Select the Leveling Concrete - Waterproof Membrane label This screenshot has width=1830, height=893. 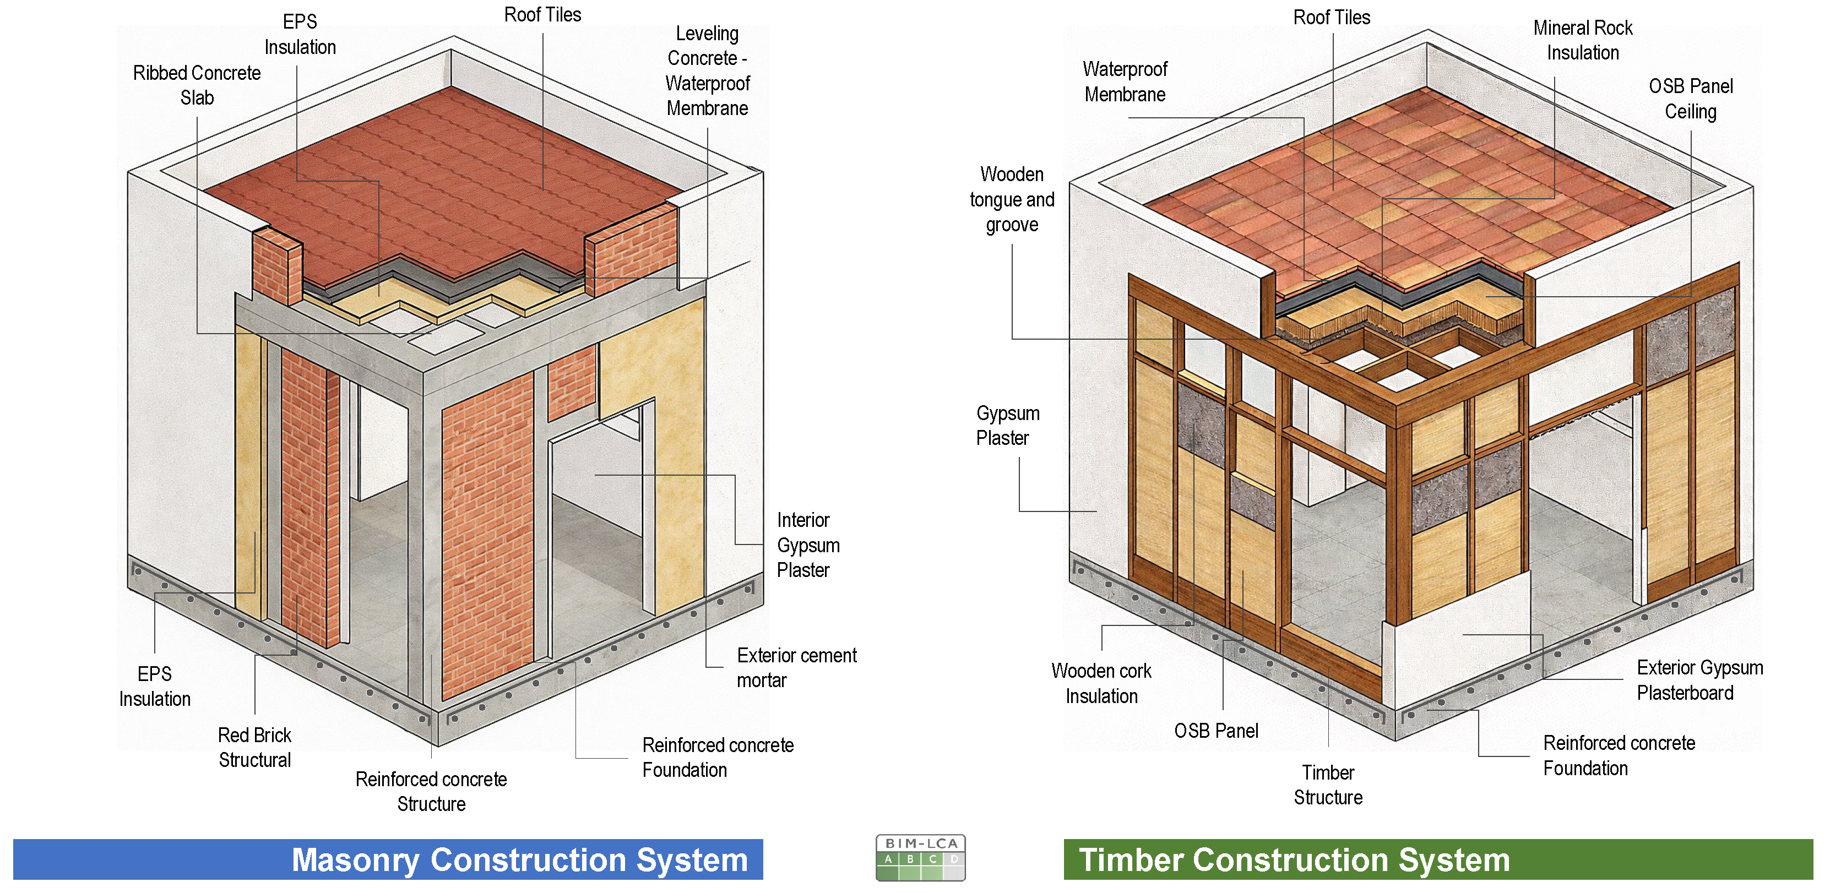[707, 70]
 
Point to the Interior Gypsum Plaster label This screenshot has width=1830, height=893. [808, 545]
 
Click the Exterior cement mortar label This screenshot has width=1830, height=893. [796, 667]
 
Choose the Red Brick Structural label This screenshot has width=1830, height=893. [254, 747]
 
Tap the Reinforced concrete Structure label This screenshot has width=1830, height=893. [431, 791]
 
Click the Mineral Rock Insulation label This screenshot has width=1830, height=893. [1582, 40]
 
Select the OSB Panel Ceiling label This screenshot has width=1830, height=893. [1690, 99]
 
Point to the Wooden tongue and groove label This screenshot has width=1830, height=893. [1012, 200]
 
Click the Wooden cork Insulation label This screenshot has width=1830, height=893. [1101, 683]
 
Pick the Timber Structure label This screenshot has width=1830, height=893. [1328, 785]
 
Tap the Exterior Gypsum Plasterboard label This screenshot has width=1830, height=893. [1699, 680]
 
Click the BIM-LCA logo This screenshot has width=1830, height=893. [920, 857]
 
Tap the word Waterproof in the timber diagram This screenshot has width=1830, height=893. [1125, 69]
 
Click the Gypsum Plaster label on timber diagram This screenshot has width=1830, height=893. [1007, 426]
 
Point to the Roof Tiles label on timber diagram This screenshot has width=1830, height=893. [1331, 18]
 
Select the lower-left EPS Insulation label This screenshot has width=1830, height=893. [155, 687]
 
